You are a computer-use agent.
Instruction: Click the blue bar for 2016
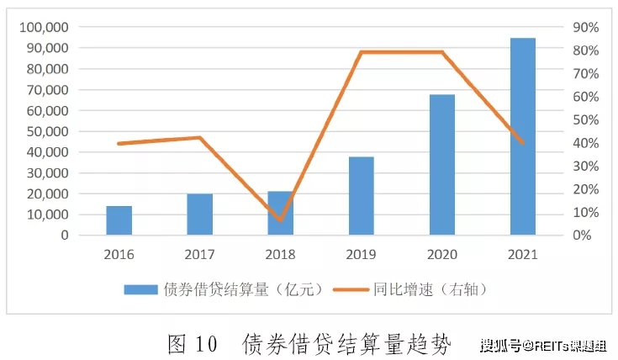tap(119, 220)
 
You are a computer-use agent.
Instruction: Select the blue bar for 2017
tap(200, 214)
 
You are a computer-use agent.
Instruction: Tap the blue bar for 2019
tap(362, 196)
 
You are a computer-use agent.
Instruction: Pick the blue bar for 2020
tap(442, 165)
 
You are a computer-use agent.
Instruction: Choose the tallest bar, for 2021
tap(523, 136)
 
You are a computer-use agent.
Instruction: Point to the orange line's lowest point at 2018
tap(281, 220)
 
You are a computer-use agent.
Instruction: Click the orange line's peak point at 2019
tap(362, 51)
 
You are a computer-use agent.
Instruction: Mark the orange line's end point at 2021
tap(523, 143)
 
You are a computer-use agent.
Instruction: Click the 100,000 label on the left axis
tap(44, 27)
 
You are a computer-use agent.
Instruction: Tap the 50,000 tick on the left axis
tap(48, 131)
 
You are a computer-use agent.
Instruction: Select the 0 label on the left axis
tap(65, 236)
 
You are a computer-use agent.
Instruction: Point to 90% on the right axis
tap(586, 27)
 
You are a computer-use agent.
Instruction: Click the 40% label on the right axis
tap(586, 143)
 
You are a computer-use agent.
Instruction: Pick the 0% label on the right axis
tap(582, 236)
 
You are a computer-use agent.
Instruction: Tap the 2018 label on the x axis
tap(280, 255)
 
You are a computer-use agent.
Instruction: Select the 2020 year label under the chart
tap(442, 255)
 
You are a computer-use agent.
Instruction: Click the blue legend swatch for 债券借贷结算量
tap(140, 290)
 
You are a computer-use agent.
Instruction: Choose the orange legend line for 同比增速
tap(351, 290)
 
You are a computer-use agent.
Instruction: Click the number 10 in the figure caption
tap(206, 344)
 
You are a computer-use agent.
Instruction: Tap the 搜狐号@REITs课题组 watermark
tap(543, 347)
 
